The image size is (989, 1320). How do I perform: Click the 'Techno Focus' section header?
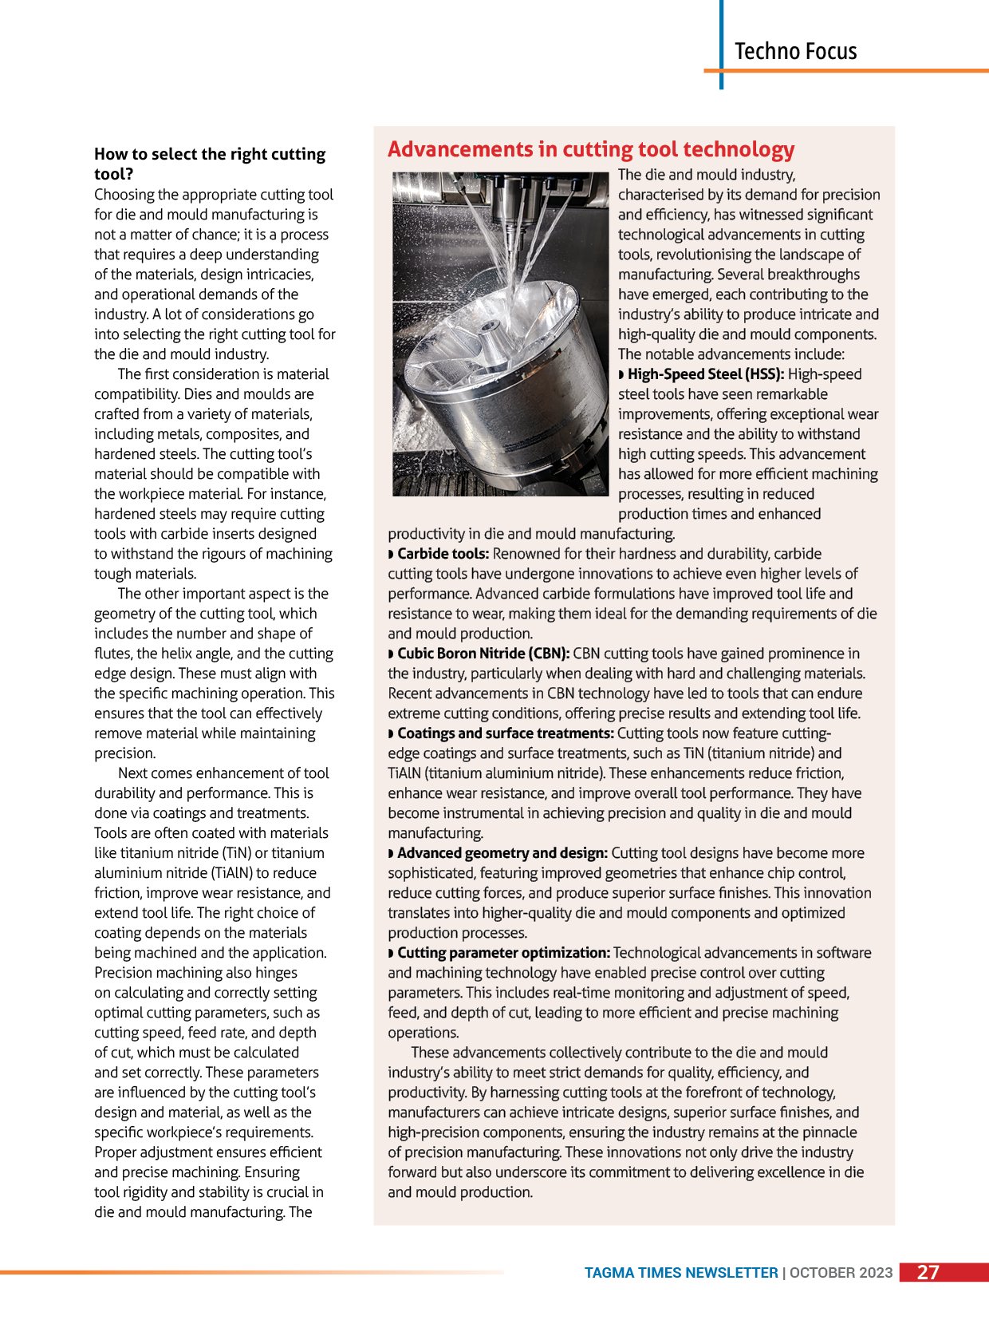(795, 51)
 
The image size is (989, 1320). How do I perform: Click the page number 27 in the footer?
(928, 1272)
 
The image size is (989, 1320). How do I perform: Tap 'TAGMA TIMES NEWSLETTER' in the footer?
(681, 1273)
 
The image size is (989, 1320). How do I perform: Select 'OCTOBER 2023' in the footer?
(841, 1273)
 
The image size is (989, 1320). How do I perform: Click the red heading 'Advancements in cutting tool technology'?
(591, 149)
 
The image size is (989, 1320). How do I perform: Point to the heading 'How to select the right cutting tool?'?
(210, 164)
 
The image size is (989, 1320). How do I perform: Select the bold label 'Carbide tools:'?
(443, 554)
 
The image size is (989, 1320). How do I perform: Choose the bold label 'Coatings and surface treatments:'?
(505, 733)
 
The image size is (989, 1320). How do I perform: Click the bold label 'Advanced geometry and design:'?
(502, 853)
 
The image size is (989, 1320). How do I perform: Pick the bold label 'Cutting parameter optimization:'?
(503, 953)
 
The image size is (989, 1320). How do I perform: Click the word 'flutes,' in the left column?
(113, 654)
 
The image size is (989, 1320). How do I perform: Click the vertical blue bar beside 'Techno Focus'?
(721, 44)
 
